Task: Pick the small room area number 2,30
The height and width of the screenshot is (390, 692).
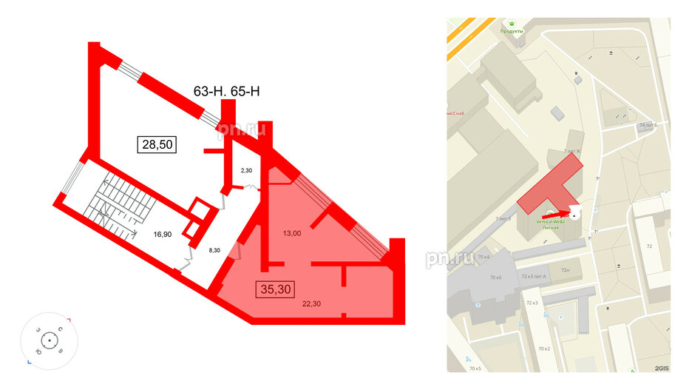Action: (247, 172)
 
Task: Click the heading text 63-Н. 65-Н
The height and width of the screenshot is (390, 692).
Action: (228, 93)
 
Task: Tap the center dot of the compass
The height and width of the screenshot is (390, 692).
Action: (48, 341)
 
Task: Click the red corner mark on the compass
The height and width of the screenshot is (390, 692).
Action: (68, 320)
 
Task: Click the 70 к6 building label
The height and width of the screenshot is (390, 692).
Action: (495, 278)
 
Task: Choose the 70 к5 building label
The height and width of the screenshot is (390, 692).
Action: (474, 368)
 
